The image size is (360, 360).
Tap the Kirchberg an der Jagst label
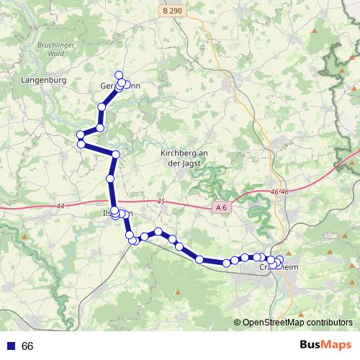[184, 158]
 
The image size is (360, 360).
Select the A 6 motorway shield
[222, 207]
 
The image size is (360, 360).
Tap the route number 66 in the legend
[27, 346]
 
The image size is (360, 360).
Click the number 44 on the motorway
[58, 207]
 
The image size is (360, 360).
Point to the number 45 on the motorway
[160, 202]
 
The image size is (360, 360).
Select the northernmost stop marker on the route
[120, 76]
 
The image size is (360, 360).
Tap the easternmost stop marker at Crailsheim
[280, 260]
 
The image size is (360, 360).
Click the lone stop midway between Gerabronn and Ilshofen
[110, 179]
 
